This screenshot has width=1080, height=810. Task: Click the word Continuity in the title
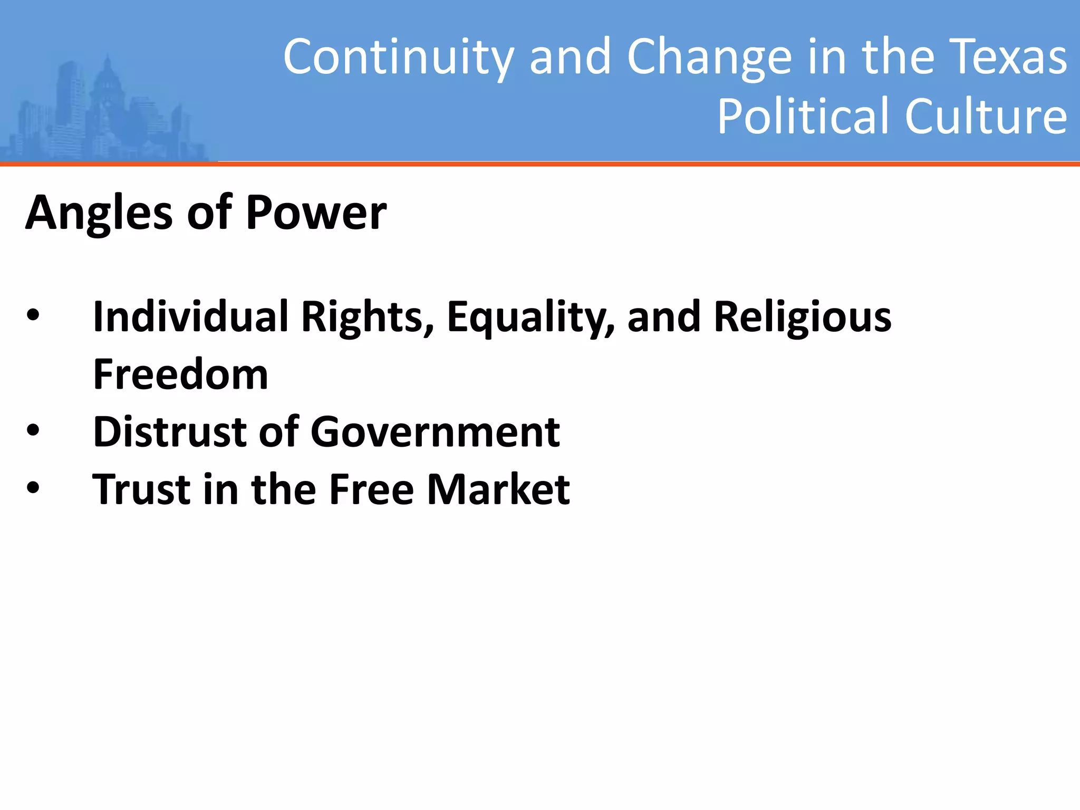pos(398,57)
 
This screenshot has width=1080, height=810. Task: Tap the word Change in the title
pos(709,57)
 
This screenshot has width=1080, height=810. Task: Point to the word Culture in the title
pos(986,116)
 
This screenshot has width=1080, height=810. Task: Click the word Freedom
pos(180,374)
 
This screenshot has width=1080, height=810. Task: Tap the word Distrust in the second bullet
pos(169,431)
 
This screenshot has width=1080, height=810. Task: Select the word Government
pos(435,431)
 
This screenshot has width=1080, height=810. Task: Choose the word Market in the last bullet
pos(498,489)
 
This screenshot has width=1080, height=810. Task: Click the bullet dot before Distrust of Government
pos(33,430)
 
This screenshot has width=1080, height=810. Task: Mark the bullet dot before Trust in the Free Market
pos(33,487)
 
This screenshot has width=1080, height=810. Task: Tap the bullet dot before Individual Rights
pos(33,315)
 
